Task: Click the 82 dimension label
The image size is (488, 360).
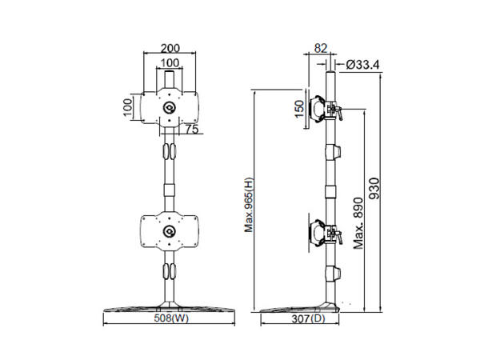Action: click(321, 48)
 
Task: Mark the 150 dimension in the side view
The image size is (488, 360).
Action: click(299, 108)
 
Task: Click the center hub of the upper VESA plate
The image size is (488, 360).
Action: click(170, 108)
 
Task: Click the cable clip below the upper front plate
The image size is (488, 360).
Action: click(170, 151)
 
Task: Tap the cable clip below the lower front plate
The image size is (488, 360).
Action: click(170, 273)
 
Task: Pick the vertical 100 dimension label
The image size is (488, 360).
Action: click(127, 108)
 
